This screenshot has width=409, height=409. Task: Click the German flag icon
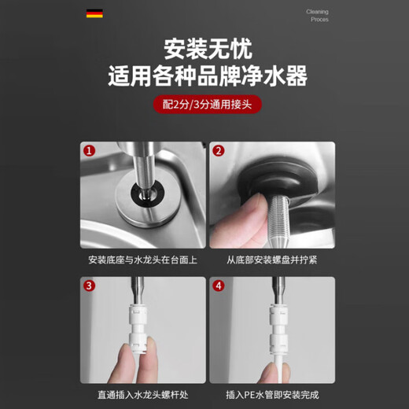click(94, 13)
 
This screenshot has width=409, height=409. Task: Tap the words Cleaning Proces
click(317, 16)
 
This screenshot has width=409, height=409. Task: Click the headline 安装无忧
click(208, 49)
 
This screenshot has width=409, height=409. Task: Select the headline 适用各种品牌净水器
click(208, 76)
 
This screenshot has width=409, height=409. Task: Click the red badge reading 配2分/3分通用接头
click(208, 105)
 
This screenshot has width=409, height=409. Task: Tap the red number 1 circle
click(89, 151)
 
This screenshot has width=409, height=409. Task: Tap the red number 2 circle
click(219, 151)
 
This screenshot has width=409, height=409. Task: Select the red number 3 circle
click(89, 286)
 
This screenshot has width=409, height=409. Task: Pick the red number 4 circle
click(219, 286)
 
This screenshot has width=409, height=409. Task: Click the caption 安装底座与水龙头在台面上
click(143, 260)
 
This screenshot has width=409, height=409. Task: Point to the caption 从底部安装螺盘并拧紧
click(272, 260)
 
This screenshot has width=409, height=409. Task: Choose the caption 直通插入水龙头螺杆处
click(143, 395)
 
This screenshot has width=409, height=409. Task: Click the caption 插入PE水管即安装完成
click(272, 395)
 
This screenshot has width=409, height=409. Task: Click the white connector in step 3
click(138, 328)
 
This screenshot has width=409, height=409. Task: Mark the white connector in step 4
click(278, 328)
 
